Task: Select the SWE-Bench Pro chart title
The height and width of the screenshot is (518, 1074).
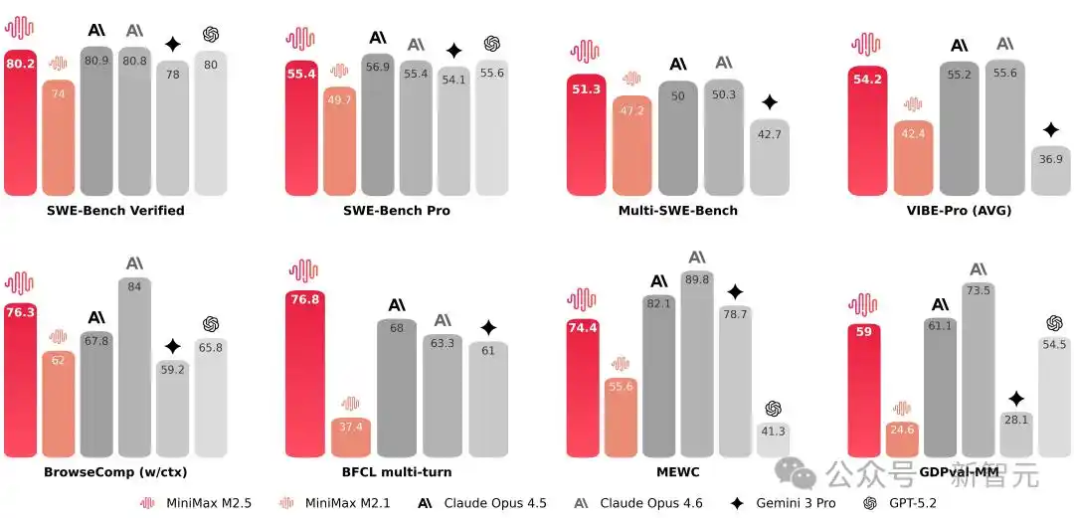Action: pyautogui.click(x=396, y=211)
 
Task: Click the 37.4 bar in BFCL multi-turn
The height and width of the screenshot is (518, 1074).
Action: pyautogui.click(x=350, y=437)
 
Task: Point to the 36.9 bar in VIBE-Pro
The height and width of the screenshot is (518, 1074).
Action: pyautogui.click(x=1050, y=169)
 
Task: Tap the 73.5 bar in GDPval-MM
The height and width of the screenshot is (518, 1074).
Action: pyautogui.click(x=979, y=369)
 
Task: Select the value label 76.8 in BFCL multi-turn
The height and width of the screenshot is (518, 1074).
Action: pyautogui.click(x=303, y=299)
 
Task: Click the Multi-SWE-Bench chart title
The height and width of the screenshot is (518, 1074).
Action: pyautogui.click(x=677, y=211)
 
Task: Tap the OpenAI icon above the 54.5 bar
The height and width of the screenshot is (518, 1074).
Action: pyautogui.click(x=1054, y=323)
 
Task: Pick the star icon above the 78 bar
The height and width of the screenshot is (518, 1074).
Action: pyautogui.click(x=172, y=44)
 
